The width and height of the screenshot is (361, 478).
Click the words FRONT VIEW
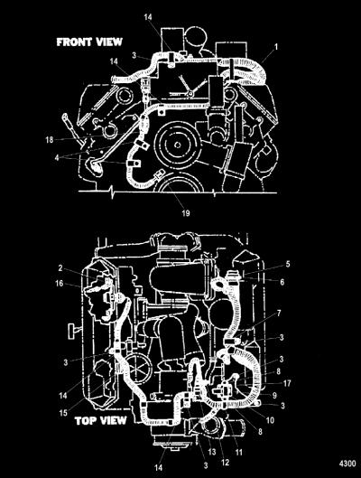[89, 42]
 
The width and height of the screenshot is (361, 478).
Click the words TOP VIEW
[100, 421]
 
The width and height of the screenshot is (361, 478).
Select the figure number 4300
[347, 464]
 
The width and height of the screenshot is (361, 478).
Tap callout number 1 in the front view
[276, 47]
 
